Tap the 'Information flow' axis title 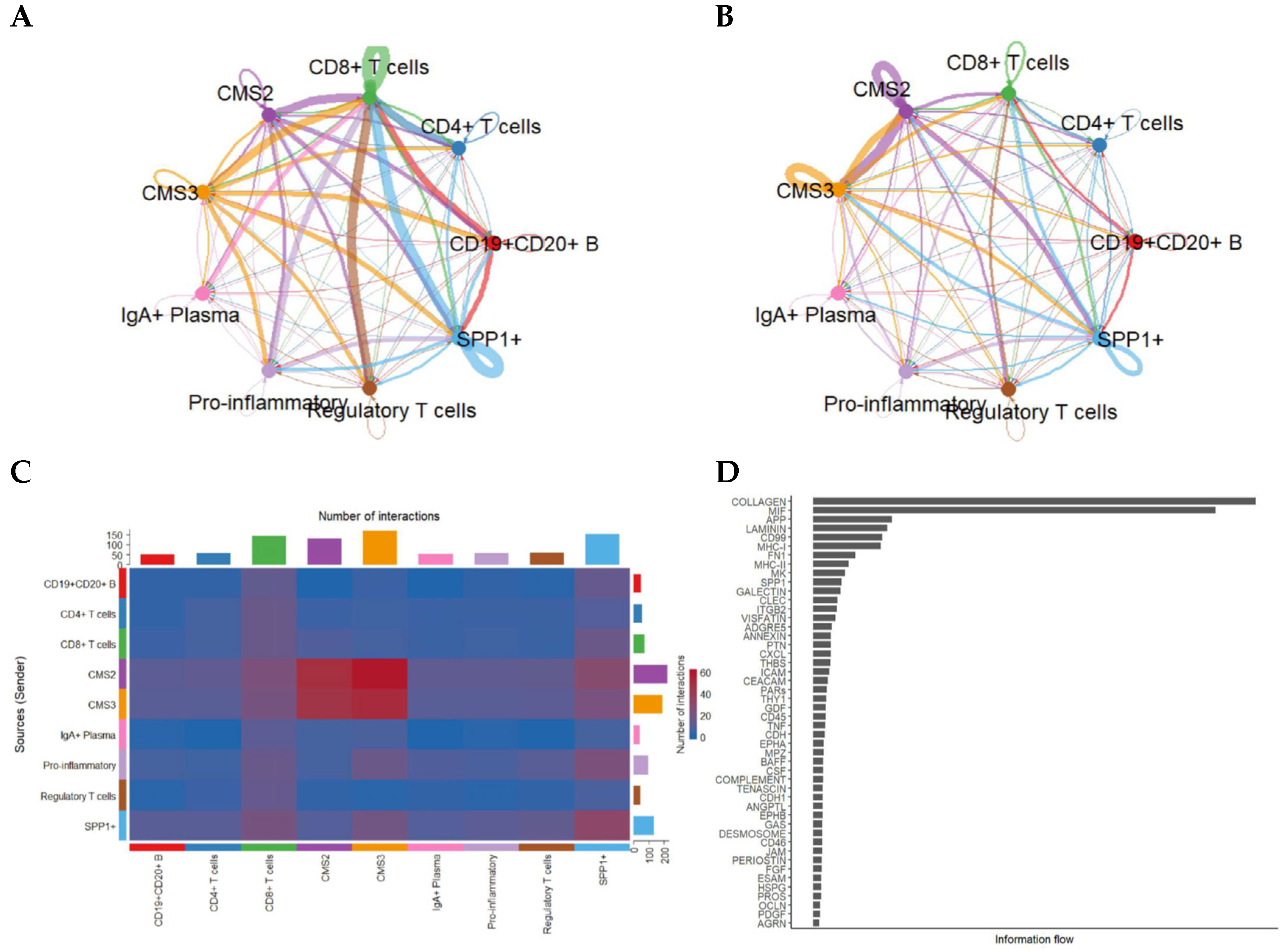pos(1034,940)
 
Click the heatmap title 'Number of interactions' pos(379,517)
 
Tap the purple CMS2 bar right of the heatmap pos(650,674)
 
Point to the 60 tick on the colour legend pos(705,673)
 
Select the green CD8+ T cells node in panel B pos(1008,93)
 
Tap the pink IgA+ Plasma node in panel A pos(202,293)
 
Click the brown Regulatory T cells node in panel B pos(1008,388)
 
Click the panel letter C pos(21,472)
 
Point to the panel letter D pos(727,472)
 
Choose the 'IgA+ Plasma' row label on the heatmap pos(88,735)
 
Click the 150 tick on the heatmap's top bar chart pos(114,535)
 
